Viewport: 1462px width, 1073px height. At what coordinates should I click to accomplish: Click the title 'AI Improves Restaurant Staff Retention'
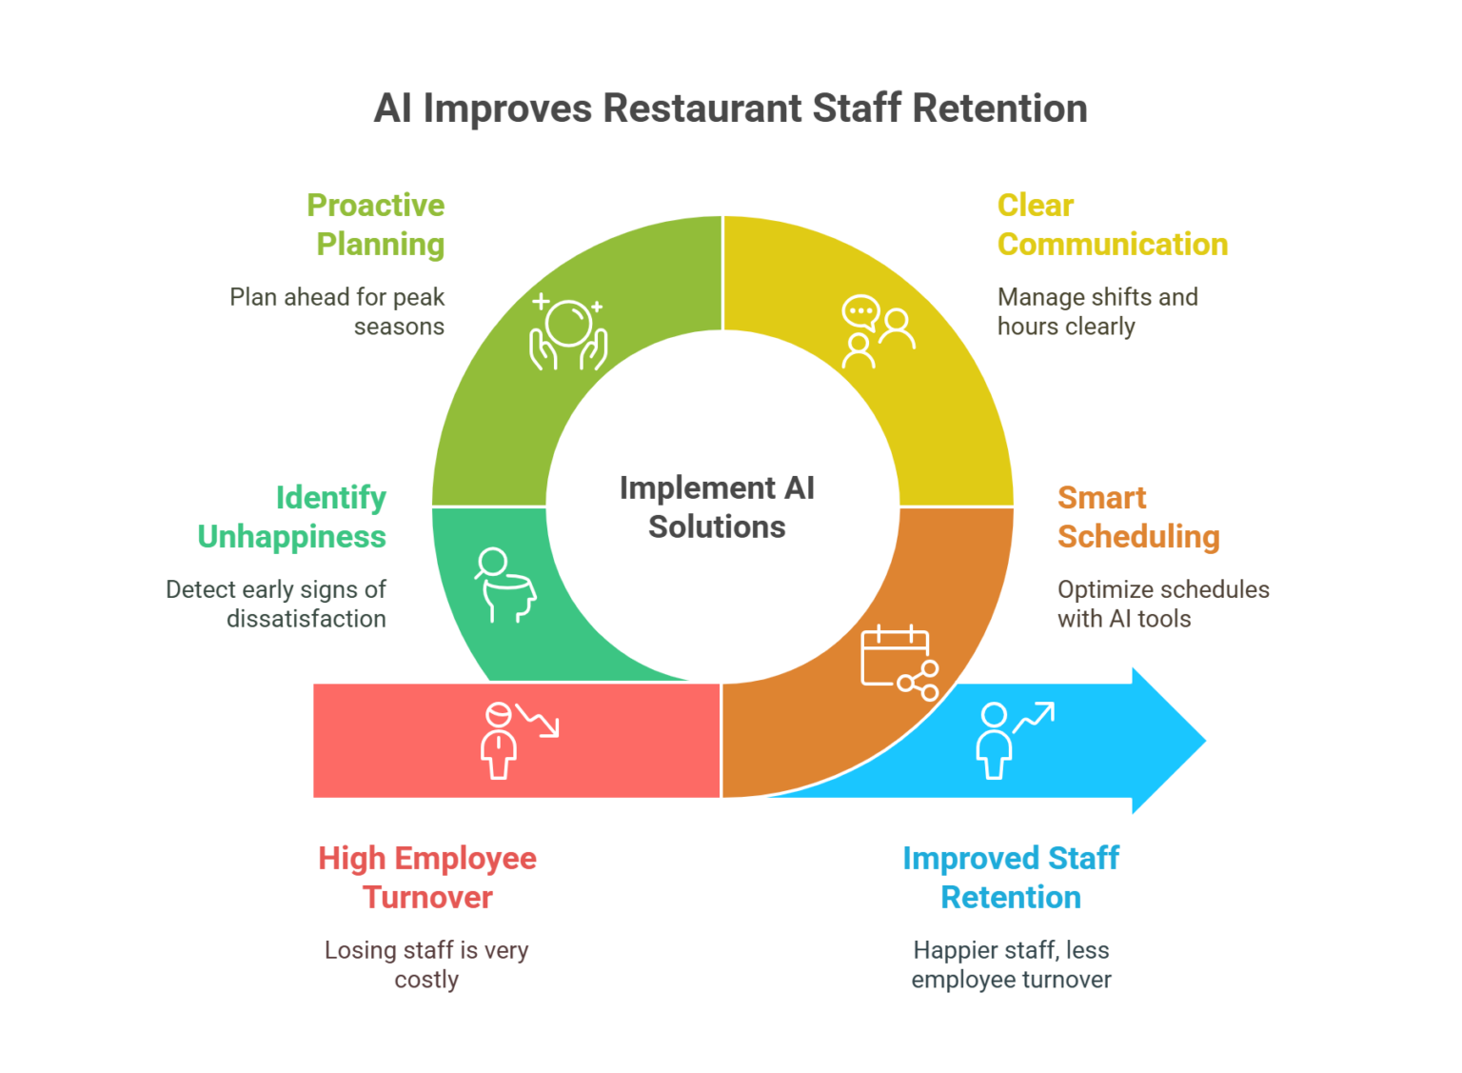(x=730, y=109)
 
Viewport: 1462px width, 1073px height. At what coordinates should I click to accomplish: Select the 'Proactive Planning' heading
(x=377, y=225)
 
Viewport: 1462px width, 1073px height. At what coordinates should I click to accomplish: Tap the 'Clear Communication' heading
(x=1112, y=225)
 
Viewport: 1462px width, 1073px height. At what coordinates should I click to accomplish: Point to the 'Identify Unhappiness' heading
(x=293, y=517)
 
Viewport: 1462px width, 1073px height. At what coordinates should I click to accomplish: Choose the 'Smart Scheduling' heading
(x=1137, y=517)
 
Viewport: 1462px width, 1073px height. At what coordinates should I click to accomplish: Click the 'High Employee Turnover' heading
(x=427, y=877)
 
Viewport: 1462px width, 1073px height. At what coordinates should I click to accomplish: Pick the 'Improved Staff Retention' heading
(x=1011, y=877)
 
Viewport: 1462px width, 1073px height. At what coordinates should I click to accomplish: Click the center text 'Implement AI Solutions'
(x=717, y=507)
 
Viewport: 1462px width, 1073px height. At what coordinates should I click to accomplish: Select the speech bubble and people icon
(x=877, y=332)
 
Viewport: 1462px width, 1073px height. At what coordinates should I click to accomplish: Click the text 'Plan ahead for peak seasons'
(x=338, y=311)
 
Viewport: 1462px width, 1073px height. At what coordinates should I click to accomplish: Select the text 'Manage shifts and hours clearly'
(x=1096, y=311)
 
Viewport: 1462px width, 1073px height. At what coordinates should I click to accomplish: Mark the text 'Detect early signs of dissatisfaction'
(x=277, y=604)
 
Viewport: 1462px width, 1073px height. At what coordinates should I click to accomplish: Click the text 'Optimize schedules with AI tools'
(x=1162, y=604)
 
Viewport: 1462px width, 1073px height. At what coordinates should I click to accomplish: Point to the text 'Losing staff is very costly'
(x=426, y=964)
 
